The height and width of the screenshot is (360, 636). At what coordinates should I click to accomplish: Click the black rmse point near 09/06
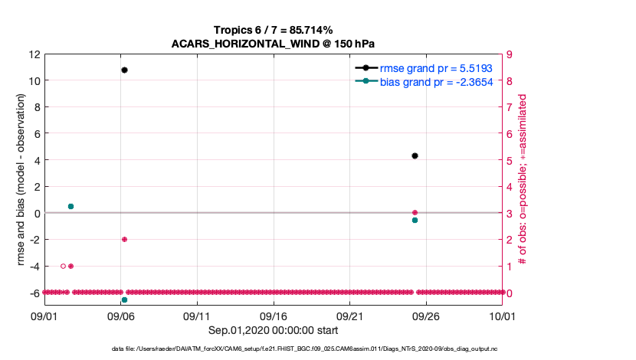coord(124,70)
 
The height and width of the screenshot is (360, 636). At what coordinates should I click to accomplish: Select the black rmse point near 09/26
coord(415,155)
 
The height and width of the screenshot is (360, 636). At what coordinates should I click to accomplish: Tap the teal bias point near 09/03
coord(70,206)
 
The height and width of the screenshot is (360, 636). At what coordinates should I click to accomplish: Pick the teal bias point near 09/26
coord(415,220)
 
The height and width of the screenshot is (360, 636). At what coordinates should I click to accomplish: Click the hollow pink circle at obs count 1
coord(63,266)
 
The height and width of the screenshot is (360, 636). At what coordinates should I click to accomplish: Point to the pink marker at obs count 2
coord(124,239)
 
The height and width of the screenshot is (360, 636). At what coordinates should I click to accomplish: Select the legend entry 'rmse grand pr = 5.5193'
coord(435,68)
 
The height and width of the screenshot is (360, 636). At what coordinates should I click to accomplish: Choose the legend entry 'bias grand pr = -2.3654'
coord(435,81)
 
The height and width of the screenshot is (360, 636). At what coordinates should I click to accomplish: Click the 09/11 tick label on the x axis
coord(197,316)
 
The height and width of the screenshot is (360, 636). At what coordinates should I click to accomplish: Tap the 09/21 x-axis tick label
coord(349,316)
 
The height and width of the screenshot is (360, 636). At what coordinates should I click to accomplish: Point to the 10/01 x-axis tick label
coord(502,316)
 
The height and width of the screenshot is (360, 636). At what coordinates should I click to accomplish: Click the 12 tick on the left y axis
coord(34,54)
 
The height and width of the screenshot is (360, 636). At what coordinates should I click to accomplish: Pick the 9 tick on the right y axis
coord(508,54)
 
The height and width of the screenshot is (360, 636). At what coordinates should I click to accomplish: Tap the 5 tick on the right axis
coord(508,160)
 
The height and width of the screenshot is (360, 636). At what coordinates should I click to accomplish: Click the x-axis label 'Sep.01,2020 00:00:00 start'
coord(273,330)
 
